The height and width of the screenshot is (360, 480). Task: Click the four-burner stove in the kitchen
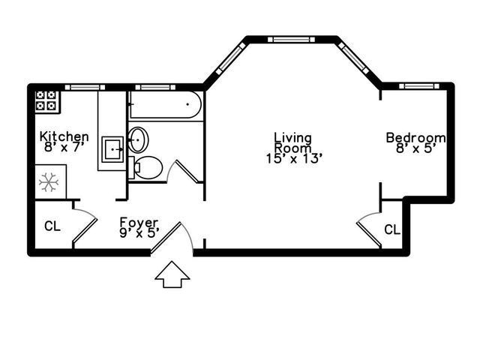(x=47, y=102)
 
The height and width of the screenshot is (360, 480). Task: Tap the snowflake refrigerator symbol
(x=49, y=182)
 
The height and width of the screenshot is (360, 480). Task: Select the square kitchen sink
(x=112, y=149)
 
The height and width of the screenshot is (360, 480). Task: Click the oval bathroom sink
(x=138, y=140)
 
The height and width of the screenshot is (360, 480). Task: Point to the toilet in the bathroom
(x=145, y=168)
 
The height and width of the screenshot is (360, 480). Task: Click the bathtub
(x=165, y=105)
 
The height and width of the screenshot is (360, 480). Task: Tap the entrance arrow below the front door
(x=172, y=274)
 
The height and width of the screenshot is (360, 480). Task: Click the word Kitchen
(x=64, y=136)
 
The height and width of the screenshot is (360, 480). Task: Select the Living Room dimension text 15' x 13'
(x=294, y=159)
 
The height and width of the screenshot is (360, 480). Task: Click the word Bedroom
(x=415, y=138)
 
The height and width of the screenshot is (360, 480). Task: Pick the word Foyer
(x=139, y=223)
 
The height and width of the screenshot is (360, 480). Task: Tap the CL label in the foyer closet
(x=52, y=226)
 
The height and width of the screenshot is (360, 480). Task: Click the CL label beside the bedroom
(x=392, y=229)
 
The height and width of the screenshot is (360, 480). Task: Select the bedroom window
(x=419, y=86)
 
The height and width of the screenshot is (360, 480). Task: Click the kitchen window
(x=85, y=87)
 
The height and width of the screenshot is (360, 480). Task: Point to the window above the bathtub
(x=155, y=87)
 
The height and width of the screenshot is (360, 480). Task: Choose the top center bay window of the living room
(x=291, y=40)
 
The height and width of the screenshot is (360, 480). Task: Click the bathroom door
(x=187, y=172)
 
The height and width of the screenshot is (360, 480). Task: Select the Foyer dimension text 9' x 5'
(x=139, y=233)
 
